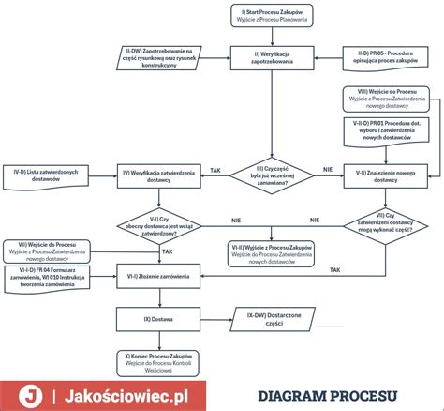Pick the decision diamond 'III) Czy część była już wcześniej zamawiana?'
pos(273,175)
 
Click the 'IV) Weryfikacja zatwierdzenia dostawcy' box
pos(156,175)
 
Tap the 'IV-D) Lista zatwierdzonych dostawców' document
pos(51,175)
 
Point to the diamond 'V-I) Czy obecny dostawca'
pos(157,225)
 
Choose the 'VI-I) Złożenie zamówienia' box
pos(157,276)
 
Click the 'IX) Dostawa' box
pos(157,319)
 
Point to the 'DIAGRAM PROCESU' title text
pos(327,394)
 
